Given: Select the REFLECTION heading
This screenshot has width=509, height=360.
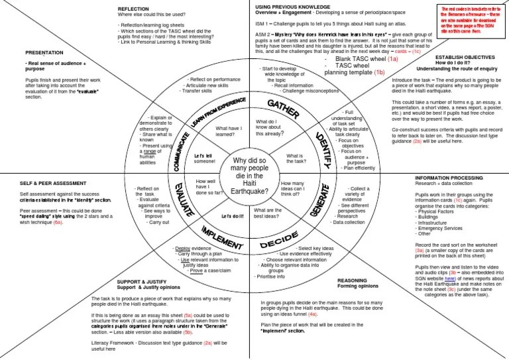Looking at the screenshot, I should [137, 9].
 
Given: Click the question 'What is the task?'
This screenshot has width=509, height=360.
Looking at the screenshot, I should [295, 160].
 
